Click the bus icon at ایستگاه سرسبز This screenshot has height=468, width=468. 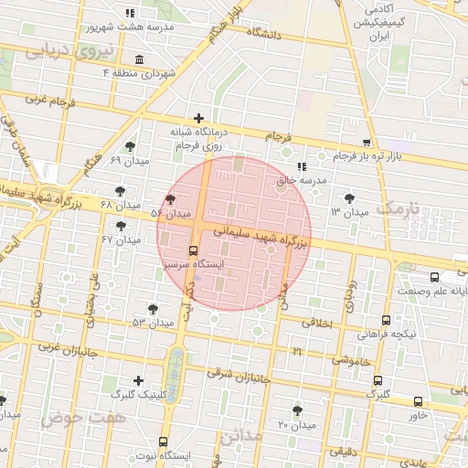tap(193, 250)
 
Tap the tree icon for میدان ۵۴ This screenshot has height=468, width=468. tap(170, 199)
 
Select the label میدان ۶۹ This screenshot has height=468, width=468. tap(129, 161)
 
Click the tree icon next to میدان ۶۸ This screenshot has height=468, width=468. tap(119, 191)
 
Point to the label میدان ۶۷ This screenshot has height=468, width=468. tap(121, 239)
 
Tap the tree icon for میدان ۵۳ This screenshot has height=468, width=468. tap(153, 309)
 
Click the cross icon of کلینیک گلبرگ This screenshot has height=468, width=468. tap(138, 380)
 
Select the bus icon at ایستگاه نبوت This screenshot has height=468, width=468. tap(164, 441)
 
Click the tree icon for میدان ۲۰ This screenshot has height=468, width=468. tap(297, 410)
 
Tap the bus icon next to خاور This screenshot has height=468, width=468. tap(418, 401)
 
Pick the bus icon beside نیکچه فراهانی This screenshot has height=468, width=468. tap(386, 320)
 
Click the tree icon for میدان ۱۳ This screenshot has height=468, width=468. tap(349, 197)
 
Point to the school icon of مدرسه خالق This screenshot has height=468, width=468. tap(302, 166)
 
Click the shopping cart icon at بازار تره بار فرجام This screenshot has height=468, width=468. tap(367, 143)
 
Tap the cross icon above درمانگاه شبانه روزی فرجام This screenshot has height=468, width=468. tap(198, 117)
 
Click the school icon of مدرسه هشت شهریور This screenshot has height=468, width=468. tap(129, 13)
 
